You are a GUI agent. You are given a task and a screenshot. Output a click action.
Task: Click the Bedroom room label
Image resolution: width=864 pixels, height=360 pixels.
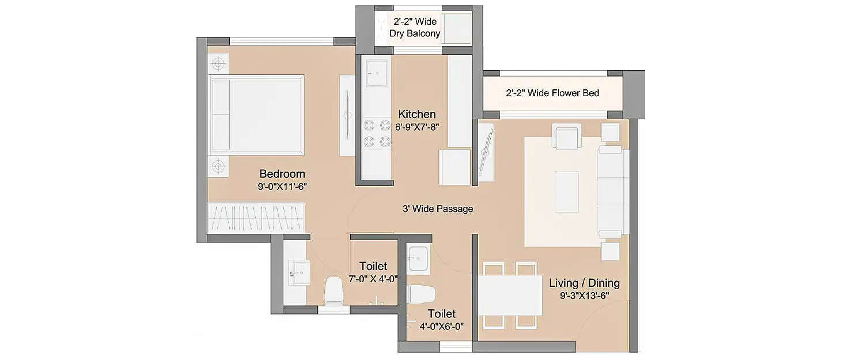coord(282,174)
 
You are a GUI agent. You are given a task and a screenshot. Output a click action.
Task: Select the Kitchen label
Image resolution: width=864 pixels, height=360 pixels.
coord(417,114)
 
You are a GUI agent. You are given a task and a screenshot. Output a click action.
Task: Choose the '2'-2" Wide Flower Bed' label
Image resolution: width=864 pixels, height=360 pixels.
coord(552,93)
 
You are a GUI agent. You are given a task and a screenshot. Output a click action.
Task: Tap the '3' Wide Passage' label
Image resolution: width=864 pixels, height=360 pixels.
coord(438,209)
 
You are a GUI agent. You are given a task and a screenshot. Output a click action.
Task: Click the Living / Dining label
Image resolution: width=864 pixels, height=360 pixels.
coord(584,283)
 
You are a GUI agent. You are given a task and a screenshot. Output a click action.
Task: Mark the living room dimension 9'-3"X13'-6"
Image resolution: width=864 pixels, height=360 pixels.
coord(584,295)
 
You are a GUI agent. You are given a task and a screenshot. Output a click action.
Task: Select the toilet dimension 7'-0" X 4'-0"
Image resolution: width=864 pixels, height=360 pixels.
coord(373,278)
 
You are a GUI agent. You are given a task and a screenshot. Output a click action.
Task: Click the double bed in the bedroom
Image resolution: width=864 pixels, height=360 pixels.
coord(256,115)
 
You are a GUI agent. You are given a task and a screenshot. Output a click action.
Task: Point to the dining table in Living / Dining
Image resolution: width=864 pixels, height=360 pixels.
coord(510,295)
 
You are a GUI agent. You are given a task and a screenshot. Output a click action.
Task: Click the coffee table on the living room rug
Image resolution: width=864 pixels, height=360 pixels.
coord(566,191)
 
